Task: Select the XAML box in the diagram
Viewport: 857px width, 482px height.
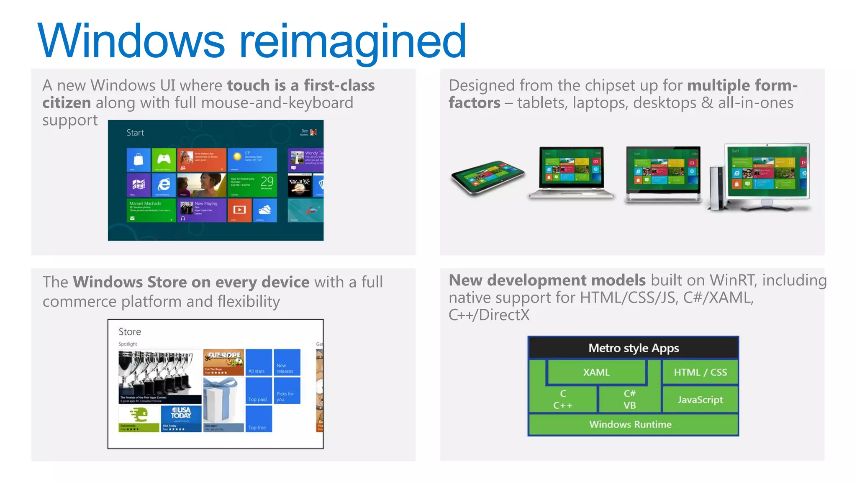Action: point(596,372)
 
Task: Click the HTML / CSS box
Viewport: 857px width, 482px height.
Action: point(700,372)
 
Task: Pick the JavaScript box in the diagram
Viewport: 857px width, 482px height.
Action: point(700,400)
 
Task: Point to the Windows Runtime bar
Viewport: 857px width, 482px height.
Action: point(631,424)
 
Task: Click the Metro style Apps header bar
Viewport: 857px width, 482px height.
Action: point(634,348)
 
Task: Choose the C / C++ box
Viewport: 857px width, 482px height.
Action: point(563,400)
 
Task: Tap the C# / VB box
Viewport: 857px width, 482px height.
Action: point(629,400)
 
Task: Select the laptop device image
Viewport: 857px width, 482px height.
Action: point(571,172)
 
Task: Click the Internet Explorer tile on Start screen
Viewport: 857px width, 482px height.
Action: point(164,185)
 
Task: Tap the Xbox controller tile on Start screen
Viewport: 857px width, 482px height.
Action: point(164,159)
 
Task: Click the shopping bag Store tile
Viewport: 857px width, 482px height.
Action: point(139,159)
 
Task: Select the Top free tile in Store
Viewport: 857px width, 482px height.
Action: point(259,419)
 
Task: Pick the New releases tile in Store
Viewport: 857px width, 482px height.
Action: point(287,362)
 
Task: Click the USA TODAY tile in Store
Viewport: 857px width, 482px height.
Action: point(181,419)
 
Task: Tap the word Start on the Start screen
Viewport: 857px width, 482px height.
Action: point(135,133)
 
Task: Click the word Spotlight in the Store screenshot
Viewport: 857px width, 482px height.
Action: point(128,344)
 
